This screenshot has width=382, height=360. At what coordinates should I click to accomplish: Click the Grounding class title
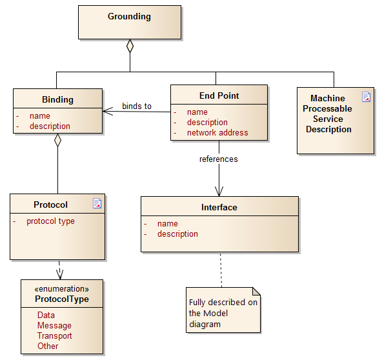point(129,17)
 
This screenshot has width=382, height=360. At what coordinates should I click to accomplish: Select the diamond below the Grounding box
point(130,46)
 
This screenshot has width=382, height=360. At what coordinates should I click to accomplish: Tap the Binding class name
point(57,99)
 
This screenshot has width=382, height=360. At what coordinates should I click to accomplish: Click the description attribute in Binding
point(50,126)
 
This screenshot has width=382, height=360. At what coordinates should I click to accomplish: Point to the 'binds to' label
point(137,106)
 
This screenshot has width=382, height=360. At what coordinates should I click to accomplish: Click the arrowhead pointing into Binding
point(107,112)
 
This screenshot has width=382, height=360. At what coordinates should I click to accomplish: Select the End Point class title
point(219,95)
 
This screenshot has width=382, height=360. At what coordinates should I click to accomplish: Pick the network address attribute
point(217,133)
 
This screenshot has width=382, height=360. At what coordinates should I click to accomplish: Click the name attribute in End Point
point(197,112)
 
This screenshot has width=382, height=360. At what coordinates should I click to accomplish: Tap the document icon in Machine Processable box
point(366,97)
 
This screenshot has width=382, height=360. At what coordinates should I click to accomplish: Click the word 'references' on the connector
point(219,159)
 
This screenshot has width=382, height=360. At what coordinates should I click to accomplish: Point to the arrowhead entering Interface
point(219,191)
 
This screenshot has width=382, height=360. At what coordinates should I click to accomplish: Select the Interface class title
point(219,207)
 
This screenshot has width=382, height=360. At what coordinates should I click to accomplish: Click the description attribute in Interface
point(177,234)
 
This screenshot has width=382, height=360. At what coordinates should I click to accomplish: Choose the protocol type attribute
point(50,221)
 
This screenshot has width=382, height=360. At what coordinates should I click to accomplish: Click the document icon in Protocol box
point(97,203)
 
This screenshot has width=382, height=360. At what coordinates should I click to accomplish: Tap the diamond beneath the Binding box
point(57,140)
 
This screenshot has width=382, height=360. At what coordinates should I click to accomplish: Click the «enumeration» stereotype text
point(62,289)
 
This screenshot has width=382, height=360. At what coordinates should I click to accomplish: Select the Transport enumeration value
point(55,335)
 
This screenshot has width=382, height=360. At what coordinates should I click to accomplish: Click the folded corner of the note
point(256,292)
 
